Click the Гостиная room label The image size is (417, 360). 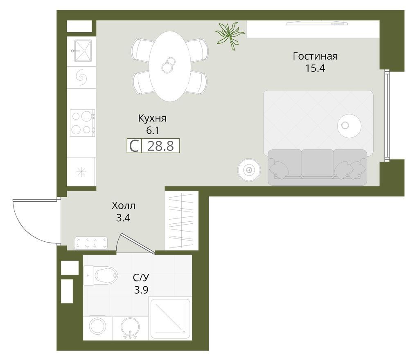pos(315,56)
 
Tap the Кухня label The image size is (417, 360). pos(152,118)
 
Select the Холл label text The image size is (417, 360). pos(124,206)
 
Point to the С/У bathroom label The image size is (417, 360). pos(141,278)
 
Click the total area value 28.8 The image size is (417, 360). pos(160,146)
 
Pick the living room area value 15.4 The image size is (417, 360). pos(315,68)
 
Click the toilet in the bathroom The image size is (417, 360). pos(101,276)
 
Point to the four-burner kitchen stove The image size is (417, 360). pos(82,123)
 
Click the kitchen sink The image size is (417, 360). pos(83,50)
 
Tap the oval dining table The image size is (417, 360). pos(170,66)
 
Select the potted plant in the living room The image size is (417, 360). pos(230,35)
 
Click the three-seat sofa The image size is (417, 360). pos(317,167)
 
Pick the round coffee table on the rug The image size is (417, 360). pos(349,126)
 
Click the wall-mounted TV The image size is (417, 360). pos(317,24)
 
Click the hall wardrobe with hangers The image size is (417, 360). pos(182,220)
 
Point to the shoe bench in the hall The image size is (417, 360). pos(91,243)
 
